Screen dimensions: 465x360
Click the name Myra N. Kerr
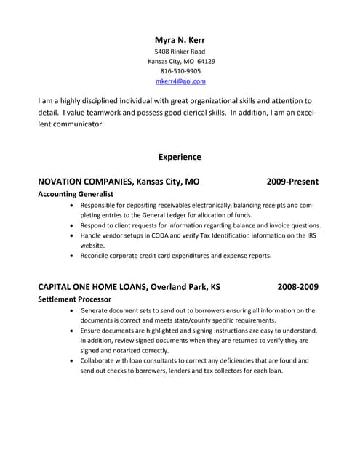coord(180,39)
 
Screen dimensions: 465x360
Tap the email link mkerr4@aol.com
coord(180,82)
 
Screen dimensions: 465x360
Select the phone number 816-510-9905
coord(180,72)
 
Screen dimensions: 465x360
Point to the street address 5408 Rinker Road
coord(180,52)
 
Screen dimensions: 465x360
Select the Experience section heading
coord(180,157)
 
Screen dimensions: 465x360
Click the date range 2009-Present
coord(292,181)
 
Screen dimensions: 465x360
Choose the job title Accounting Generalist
coord(76,195)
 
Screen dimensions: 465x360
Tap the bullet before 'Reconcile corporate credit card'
coord(71,256)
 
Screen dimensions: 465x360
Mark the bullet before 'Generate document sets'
coord(71,311)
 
